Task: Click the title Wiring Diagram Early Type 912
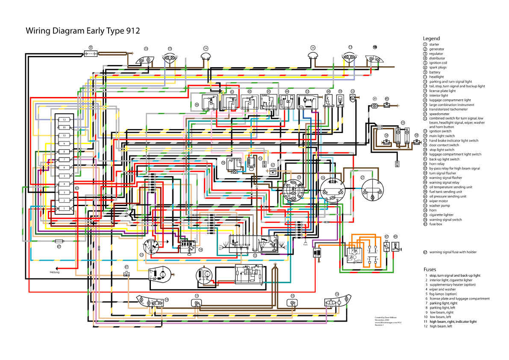click(82, 31)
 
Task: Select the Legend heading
click(431, 38)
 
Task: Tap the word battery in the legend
click(435, 72)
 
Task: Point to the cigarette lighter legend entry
click(441, 215)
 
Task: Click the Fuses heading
click(430, 269)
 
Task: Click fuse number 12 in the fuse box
click(63, 119)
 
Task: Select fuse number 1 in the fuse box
click(63, 208)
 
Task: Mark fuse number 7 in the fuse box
click(63, 159)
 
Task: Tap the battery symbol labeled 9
click(91, 53)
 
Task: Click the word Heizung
click(55, 272)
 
